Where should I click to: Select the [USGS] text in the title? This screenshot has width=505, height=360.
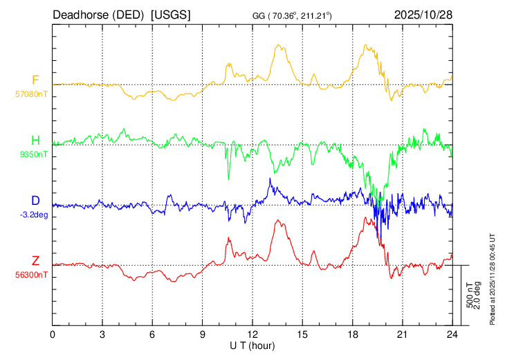(171, 15)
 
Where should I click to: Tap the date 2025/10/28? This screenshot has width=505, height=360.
(423, 15)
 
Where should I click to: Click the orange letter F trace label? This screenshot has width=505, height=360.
(35, 80)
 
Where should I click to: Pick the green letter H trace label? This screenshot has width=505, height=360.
(35, 141)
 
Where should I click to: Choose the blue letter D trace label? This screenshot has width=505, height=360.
(35, 201)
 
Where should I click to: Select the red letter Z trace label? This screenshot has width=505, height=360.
(35, 261)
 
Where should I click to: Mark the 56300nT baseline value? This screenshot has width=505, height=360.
(33, 275)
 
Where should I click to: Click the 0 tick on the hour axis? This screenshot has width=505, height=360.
(53, 333)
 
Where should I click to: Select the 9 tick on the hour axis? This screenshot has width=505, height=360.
(203, 333)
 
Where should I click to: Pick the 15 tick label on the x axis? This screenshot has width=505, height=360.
(302, 333)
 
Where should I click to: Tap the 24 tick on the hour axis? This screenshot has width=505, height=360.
(452, 333)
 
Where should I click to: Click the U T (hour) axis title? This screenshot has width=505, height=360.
(252, 344)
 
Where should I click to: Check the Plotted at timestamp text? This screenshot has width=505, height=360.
(493, 276)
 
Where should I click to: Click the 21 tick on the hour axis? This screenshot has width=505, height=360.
(402, 333)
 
